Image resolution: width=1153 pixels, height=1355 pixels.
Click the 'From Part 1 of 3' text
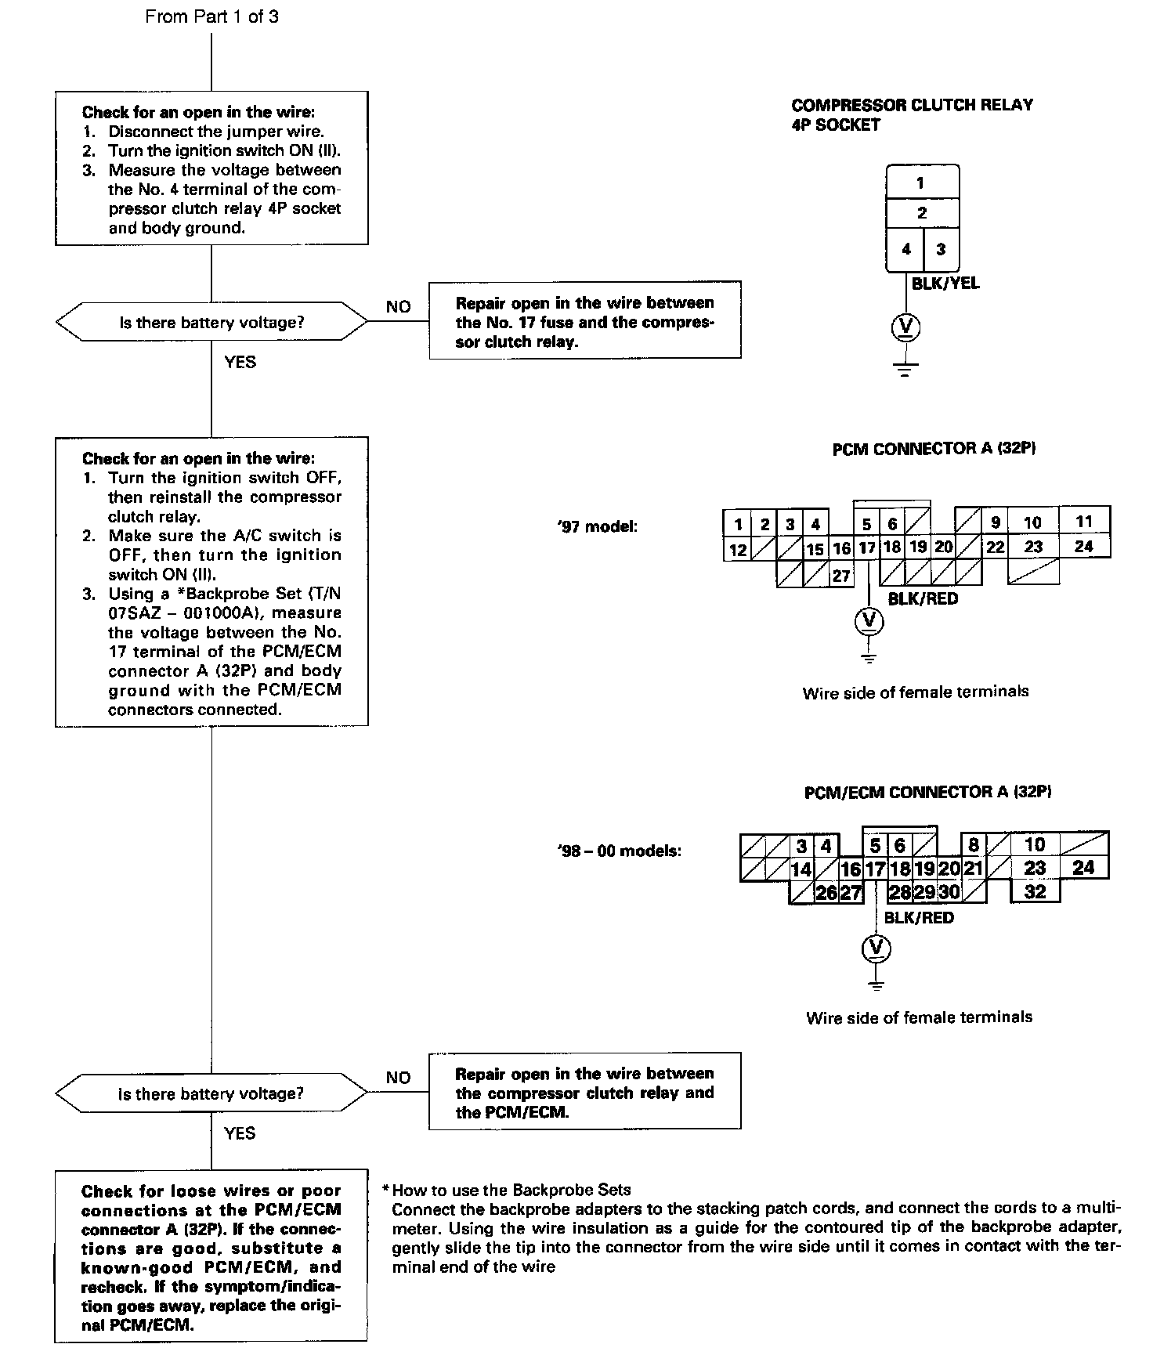pos(211,16)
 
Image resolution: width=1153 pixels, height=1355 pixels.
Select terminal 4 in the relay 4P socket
pos(905,250)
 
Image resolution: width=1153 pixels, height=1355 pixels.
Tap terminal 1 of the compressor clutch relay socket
pos(921,183)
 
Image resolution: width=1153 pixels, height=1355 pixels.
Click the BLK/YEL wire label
pos(945,284)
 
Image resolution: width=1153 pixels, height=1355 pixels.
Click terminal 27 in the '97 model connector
pos(841,576)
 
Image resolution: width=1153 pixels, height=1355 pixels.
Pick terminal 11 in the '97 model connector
pos(1084,522)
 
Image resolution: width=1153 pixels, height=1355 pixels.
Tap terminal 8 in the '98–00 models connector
pos(973,845)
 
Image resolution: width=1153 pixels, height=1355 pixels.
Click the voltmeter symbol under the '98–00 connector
pos(876,948)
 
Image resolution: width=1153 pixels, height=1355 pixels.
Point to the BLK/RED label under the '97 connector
pos(923,599)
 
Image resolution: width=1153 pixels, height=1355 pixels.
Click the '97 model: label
pos(597,526)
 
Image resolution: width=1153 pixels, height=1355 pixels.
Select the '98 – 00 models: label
pos(619,851)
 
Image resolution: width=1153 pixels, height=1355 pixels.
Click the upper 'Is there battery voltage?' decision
pos(211,322)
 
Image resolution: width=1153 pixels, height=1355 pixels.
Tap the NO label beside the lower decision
pos(398,1078)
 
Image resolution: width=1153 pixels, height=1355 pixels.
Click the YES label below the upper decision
pos(240,362)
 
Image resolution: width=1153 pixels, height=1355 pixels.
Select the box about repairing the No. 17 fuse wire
pos(585,322)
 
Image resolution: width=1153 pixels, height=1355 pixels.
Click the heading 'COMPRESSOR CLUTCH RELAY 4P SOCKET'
pos(912,115)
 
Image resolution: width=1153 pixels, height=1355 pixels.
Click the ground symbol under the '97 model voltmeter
pos(868,656)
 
